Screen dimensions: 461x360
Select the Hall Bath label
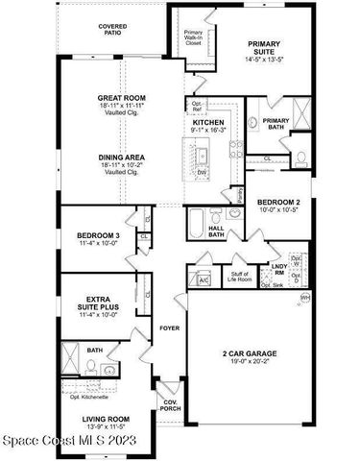pos(216,230)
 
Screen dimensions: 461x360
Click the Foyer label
pos(169,328)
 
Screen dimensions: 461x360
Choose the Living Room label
pos(106,424)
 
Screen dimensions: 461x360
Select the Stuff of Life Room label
pos(240,279)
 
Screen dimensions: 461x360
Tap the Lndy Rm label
pos(278,269)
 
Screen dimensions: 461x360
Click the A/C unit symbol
pos(204,279)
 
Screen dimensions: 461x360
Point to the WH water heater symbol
pos(306,300)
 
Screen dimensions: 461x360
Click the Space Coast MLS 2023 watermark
pos(69,441)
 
